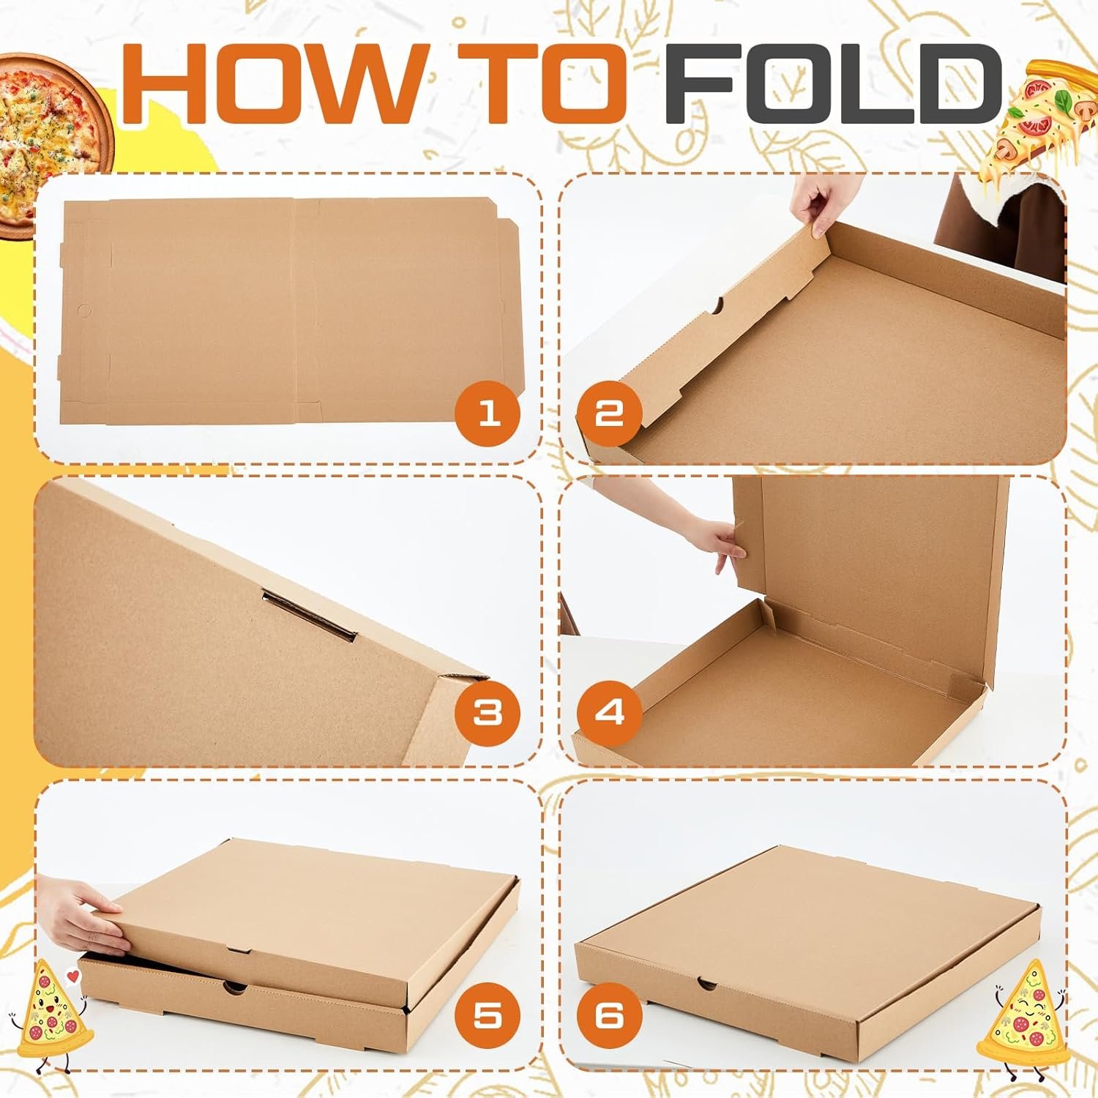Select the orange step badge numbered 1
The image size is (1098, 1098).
tap(488, 414)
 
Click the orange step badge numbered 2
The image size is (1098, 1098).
tap(609, 414)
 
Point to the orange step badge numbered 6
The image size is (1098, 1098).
tap(609, 1016)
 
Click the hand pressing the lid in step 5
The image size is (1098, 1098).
tap(84, 915)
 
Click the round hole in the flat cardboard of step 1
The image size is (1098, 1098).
tap(83, 310)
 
